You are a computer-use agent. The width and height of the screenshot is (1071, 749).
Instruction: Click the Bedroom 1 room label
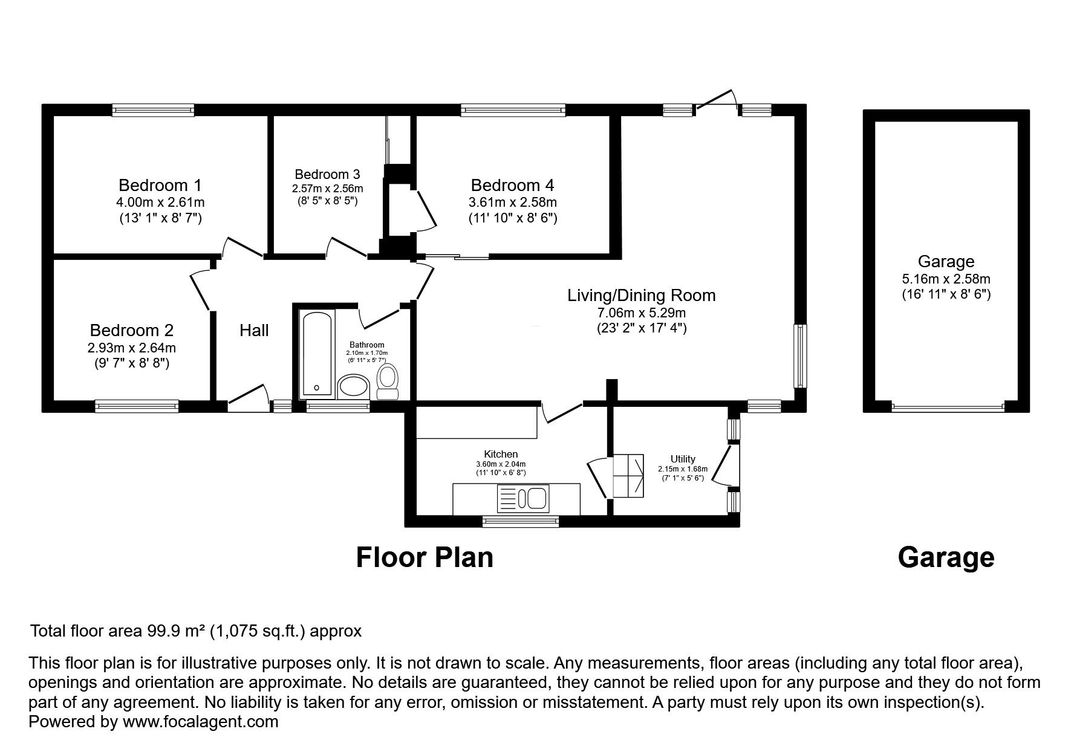tap(160, 185)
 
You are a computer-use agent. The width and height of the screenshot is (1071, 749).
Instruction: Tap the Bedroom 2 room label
tap(132, 330)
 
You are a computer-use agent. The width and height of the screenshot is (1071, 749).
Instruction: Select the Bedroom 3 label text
tap(327, 175)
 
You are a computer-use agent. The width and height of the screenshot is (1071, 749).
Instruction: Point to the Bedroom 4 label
tap(513, 185)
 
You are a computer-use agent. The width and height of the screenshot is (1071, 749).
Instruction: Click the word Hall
tap(254, 330)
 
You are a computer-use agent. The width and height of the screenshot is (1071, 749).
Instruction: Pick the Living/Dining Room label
tap(642, 296)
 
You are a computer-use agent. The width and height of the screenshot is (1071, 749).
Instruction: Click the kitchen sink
tap(522, 499)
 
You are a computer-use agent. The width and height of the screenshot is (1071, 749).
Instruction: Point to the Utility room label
tap(683, 459)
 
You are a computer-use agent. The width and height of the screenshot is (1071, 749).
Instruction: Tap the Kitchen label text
tap(501, 454)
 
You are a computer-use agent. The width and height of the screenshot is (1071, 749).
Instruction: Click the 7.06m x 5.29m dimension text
tap(642, 313)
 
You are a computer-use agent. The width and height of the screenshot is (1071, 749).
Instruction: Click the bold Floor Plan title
tap(425, 557)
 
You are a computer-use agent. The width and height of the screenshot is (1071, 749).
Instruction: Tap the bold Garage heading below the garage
tap(946, 558)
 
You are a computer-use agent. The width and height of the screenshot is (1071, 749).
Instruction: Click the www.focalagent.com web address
tap(200, 722)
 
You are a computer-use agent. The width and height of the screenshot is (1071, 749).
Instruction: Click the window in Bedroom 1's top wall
tap(153, 110)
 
